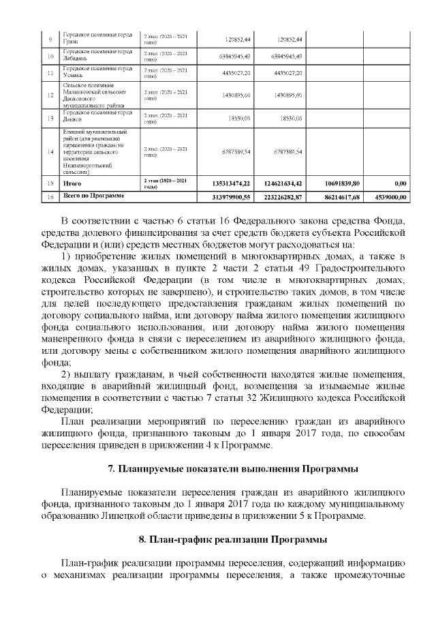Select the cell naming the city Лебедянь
pos(97,55)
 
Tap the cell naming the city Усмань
pos(97,72)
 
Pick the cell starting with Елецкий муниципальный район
pos(97,151)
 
